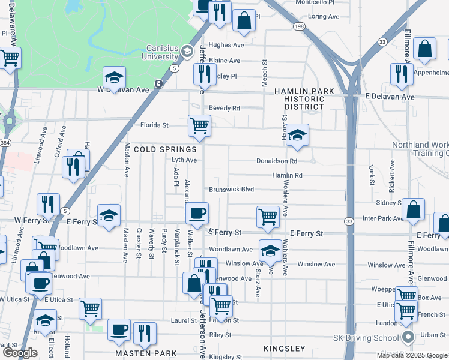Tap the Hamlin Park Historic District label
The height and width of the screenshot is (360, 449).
point(304,99)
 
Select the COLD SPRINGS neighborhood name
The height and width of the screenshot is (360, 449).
point(165,149)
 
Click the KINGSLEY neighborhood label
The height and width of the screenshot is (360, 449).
point(285,348)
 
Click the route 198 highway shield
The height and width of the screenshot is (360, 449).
point(299,26)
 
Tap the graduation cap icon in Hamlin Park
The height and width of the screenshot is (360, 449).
point(297,136)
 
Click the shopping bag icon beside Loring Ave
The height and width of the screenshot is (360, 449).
point(244,20)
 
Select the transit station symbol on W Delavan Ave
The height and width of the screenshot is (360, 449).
point(158,83)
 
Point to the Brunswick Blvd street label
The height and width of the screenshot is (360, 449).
point(231,190)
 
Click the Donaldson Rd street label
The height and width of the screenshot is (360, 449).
point(276,161)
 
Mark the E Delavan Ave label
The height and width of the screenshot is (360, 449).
point(390,97)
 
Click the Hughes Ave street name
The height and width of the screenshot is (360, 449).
point(226,45)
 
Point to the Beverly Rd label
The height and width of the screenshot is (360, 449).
point(224,109)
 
